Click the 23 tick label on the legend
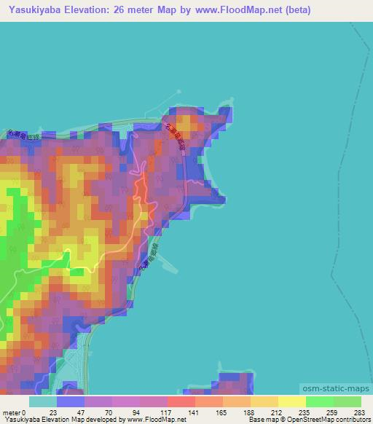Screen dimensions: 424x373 tap(53, 412)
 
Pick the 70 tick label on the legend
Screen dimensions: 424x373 tap(110, 412)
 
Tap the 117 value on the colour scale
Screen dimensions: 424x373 tap(167, 412)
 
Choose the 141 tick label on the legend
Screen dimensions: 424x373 tap(195, 412)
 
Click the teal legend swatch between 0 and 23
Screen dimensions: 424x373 tap(43, 401)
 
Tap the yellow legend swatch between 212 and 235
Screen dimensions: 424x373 tap(291, 401)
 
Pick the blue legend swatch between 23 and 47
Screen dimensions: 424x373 tap(71, 401)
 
